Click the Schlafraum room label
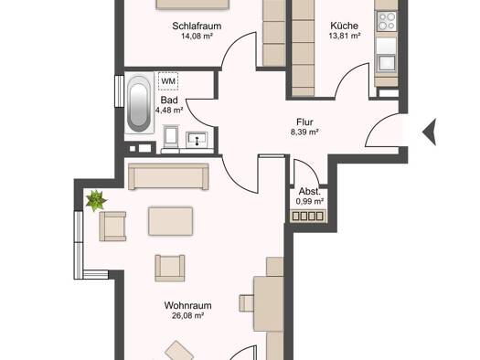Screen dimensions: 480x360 [x=197, y=26]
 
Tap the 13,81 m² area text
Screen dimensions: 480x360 [x=345, y=36]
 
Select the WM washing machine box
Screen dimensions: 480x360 [x=168, y=81]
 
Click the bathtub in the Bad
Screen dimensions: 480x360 [x=139, y=103]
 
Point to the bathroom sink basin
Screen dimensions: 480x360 [x=197, y=140]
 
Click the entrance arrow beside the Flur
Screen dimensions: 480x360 [x=430, y=132]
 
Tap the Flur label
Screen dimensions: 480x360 [x=304, y=122]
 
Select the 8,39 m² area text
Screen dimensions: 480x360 [x=304, y=132]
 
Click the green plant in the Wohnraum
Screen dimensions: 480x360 [x=96, y=200]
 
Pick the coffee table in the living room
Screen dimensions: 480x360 [x=170, y=221]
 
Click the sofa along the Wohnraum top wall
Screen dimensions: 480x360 [x=168, y=176]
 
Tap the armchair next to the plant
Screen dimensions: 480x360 [x=112, y=227]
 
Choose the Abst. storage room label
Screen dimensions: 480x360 [x=310, y=192]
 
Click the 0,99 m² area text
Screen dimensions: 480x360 [x=310, y=202]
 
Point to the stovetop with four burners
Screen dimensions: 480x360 [x=387, y=21]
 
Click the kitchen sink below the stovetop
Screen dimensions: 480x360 [x=387, y=63]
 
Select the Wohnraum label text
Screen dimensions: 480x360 [x=187, y=305]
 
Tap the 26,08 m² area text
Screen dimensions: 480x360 [x=187, y=315]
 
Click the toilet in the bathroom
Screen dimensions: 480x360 [x=171, y=138]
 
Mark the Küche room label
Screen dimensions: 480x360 [x=345, y=26]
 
